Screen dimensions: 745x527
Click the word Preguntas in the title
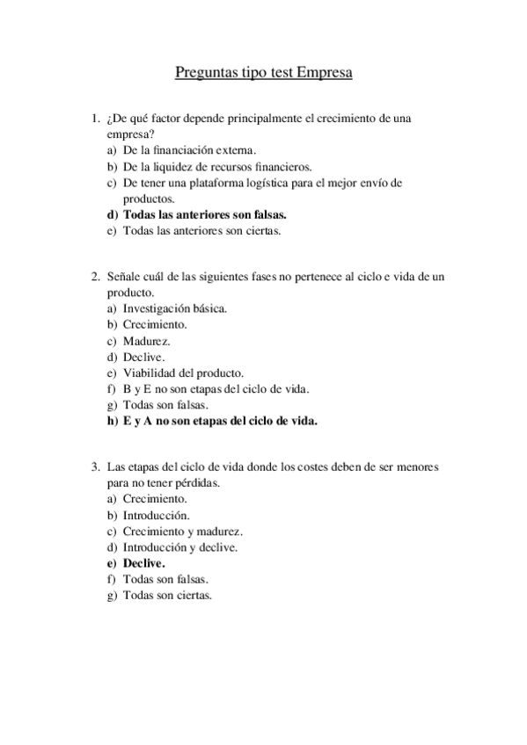click(x=203, y=73)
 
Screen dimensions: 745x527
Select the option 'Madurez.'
click(x=147, y=341)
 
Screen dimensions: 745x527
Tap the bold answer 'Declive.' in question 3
click(x=144, y=563)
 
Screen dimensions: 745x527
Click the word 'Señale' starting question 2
click(x=123, y=277)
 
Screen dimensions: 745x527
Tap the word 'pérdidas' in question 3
click(x=197, y=483)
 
